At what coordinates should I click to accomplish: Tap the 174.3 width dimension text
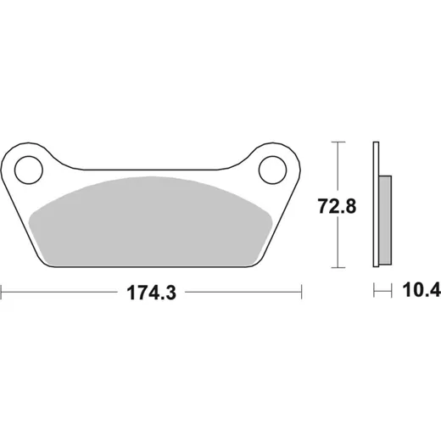pyautogui.click(x=152, y=293)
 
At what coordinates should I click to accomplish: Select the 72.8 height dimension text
pyautogui.click(x=337, y=206)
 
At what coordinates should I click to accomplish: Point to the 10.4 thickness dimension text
pyautogui.click(x=421, y=290)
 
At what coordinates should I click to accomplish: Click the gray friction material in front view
pyautogui.click(x=150, y=222)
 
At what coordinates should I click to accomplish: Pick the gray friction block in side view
pyautogui.click(x=385, y=220)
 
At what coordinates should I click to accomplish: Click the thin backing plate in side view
pyautogui.click(x=376, y=204)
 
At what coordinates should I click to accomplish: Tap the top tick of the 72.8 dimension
pyautogui.click(x=338, y=142)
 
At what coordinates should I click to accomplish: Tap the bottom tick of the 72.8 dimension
pyautogui.click(x=338, y=267)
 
